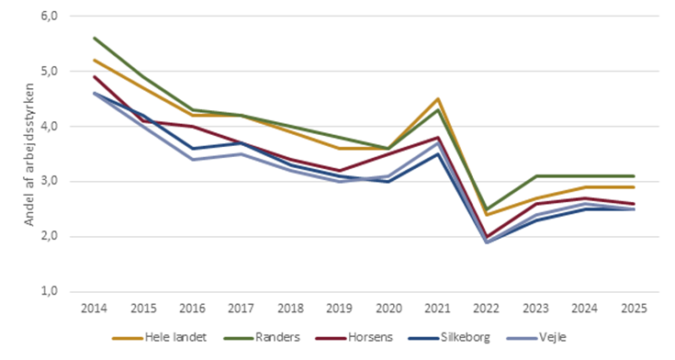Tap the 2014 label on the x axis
(x=95, y=309)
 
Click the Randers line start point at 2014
(x=95, y=39)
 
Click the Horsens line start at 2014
(x=95, y=77)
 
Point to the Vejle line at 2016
(x=191, y=159)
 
